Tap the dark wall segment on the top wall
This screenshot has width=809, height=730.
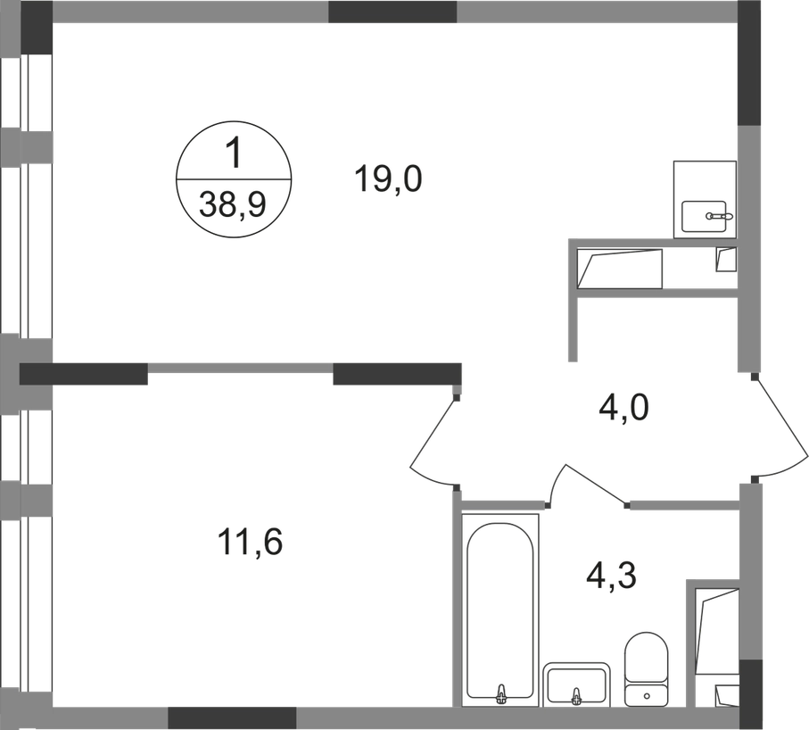[x=392, y=13]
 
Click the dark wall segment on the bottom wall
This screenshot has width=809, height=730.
[x=232, y=715]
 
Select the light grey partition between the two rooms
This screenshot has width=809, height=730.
[x=241, y=365]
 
